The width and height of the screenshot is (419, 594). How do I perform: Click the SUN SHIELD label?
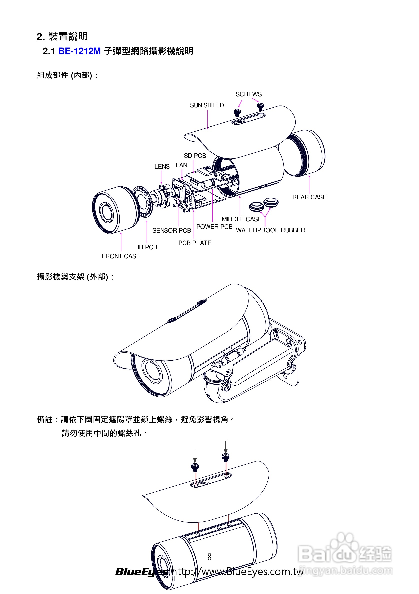[x=207, y=105]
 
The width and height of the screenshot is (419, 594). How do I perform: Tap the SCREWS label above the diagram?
[x=248, y=94]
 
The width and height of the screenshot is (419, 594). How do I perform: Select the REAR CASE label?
[x=309, y=197]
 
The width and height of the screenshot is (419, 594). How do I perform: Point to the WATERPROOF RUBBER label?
[x=270, y=230]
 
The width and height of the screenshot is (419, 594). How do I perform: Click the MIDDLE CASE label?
[x=241, y=219]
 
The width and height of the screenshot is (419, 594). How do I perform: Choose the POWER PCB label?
[x=214, y=227]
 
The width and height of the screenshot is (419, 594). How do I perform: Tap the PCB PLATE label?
[x=195, y=243]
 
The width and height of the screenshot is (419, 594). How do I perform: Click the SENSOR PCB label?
[x=171, y=230]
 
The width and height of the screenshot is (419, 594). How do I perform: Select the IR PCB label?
[x=147, y=247]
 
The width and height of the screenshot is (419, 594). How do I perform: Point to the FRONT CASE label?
[x=121, y=256]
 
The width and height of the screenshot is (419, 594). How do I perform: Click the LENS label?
[x=162, y=167]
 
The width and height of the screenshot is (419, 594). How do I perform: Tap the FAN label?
[x=181, y=165]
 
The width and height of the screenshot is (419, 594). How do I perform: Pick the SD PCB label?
[x=195, y=156]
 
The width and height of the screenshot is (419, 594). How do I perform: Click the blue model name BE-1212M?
[x=79, y=51]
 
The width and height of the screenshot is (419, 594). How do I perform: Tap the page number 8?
[x=209, y=557]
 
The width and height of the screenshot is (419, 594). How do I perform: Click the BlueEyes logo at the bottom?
[x=142, y=572]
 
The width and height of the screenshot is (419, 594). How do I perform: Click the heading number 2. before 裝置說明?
[x=41, y=37]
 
